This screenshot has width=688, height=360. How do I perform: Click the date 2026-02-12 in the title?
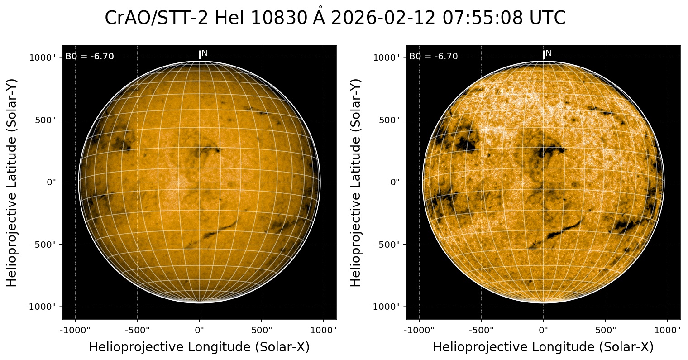click(382, 18)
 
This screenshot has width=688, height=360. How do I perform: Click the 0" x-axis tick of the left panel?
click(200, 330)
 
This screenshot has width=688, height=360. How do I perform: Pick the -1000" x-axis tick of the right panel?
click(419, 330)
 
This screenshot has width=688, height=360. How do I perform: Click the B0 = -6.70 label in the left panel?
click(90, 57)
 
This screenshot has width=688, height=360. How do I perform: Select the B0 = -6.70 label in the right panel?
click(434, 57)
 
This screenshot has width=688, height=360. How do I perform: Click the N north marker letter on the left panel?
click(205, 53)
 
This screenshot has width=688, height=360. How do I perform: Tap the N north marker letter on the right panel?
click(549, 53)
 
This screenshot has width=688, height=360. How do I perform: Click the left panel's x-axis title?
click(199, 347)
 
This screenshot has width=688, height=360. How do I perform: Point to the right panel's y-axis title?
click(356, 182)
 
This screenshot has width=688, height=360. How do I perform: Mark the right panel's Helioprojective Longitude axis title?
click(543, 347)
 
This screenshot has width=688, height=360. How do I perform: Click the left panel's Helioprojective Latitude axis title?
click(12, 182)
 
